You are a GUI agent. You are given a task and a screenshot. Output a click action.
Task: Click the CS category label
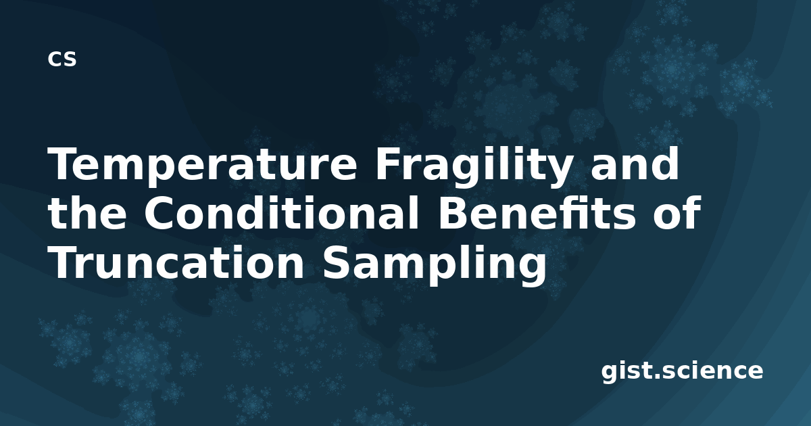[62, 59]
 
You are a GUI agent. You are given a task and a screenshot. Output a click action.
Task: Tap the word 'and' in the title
[635, 164]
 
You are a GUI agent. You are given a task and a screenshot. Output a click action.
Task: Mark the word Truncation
[176, 262]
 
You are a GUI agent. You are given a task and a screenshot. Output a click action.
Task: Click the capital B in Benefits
[454, 213]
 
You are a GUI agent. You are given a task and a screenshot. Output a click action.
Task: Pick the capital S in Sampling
[337, 262]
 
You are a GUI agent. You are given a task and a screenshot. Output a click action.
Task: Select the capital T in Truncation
[64, 262]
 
